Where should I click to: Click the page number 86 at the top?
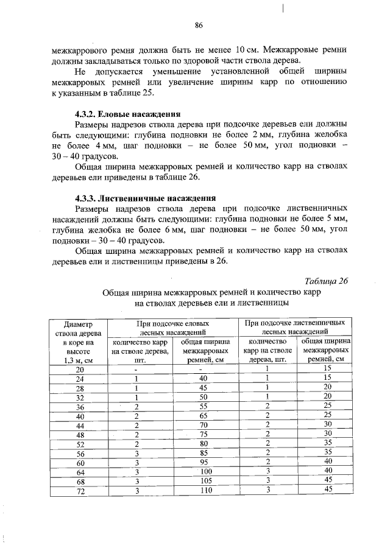point(198,25)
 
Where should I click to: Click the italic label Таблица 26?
point(326,280)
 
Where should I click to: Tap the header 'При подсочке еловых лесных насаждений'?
point(174,328)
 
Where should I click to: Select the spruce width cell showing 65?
point(205,416)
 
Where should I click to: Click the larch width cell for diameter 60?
point(327,462)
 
